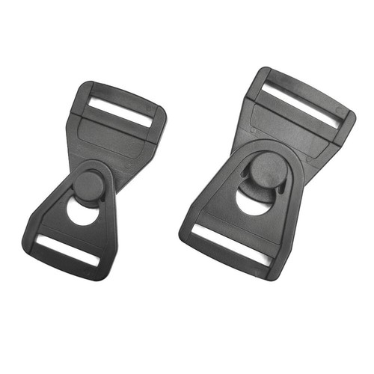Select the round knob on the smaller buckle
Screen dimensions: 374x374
pos(89,183)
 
